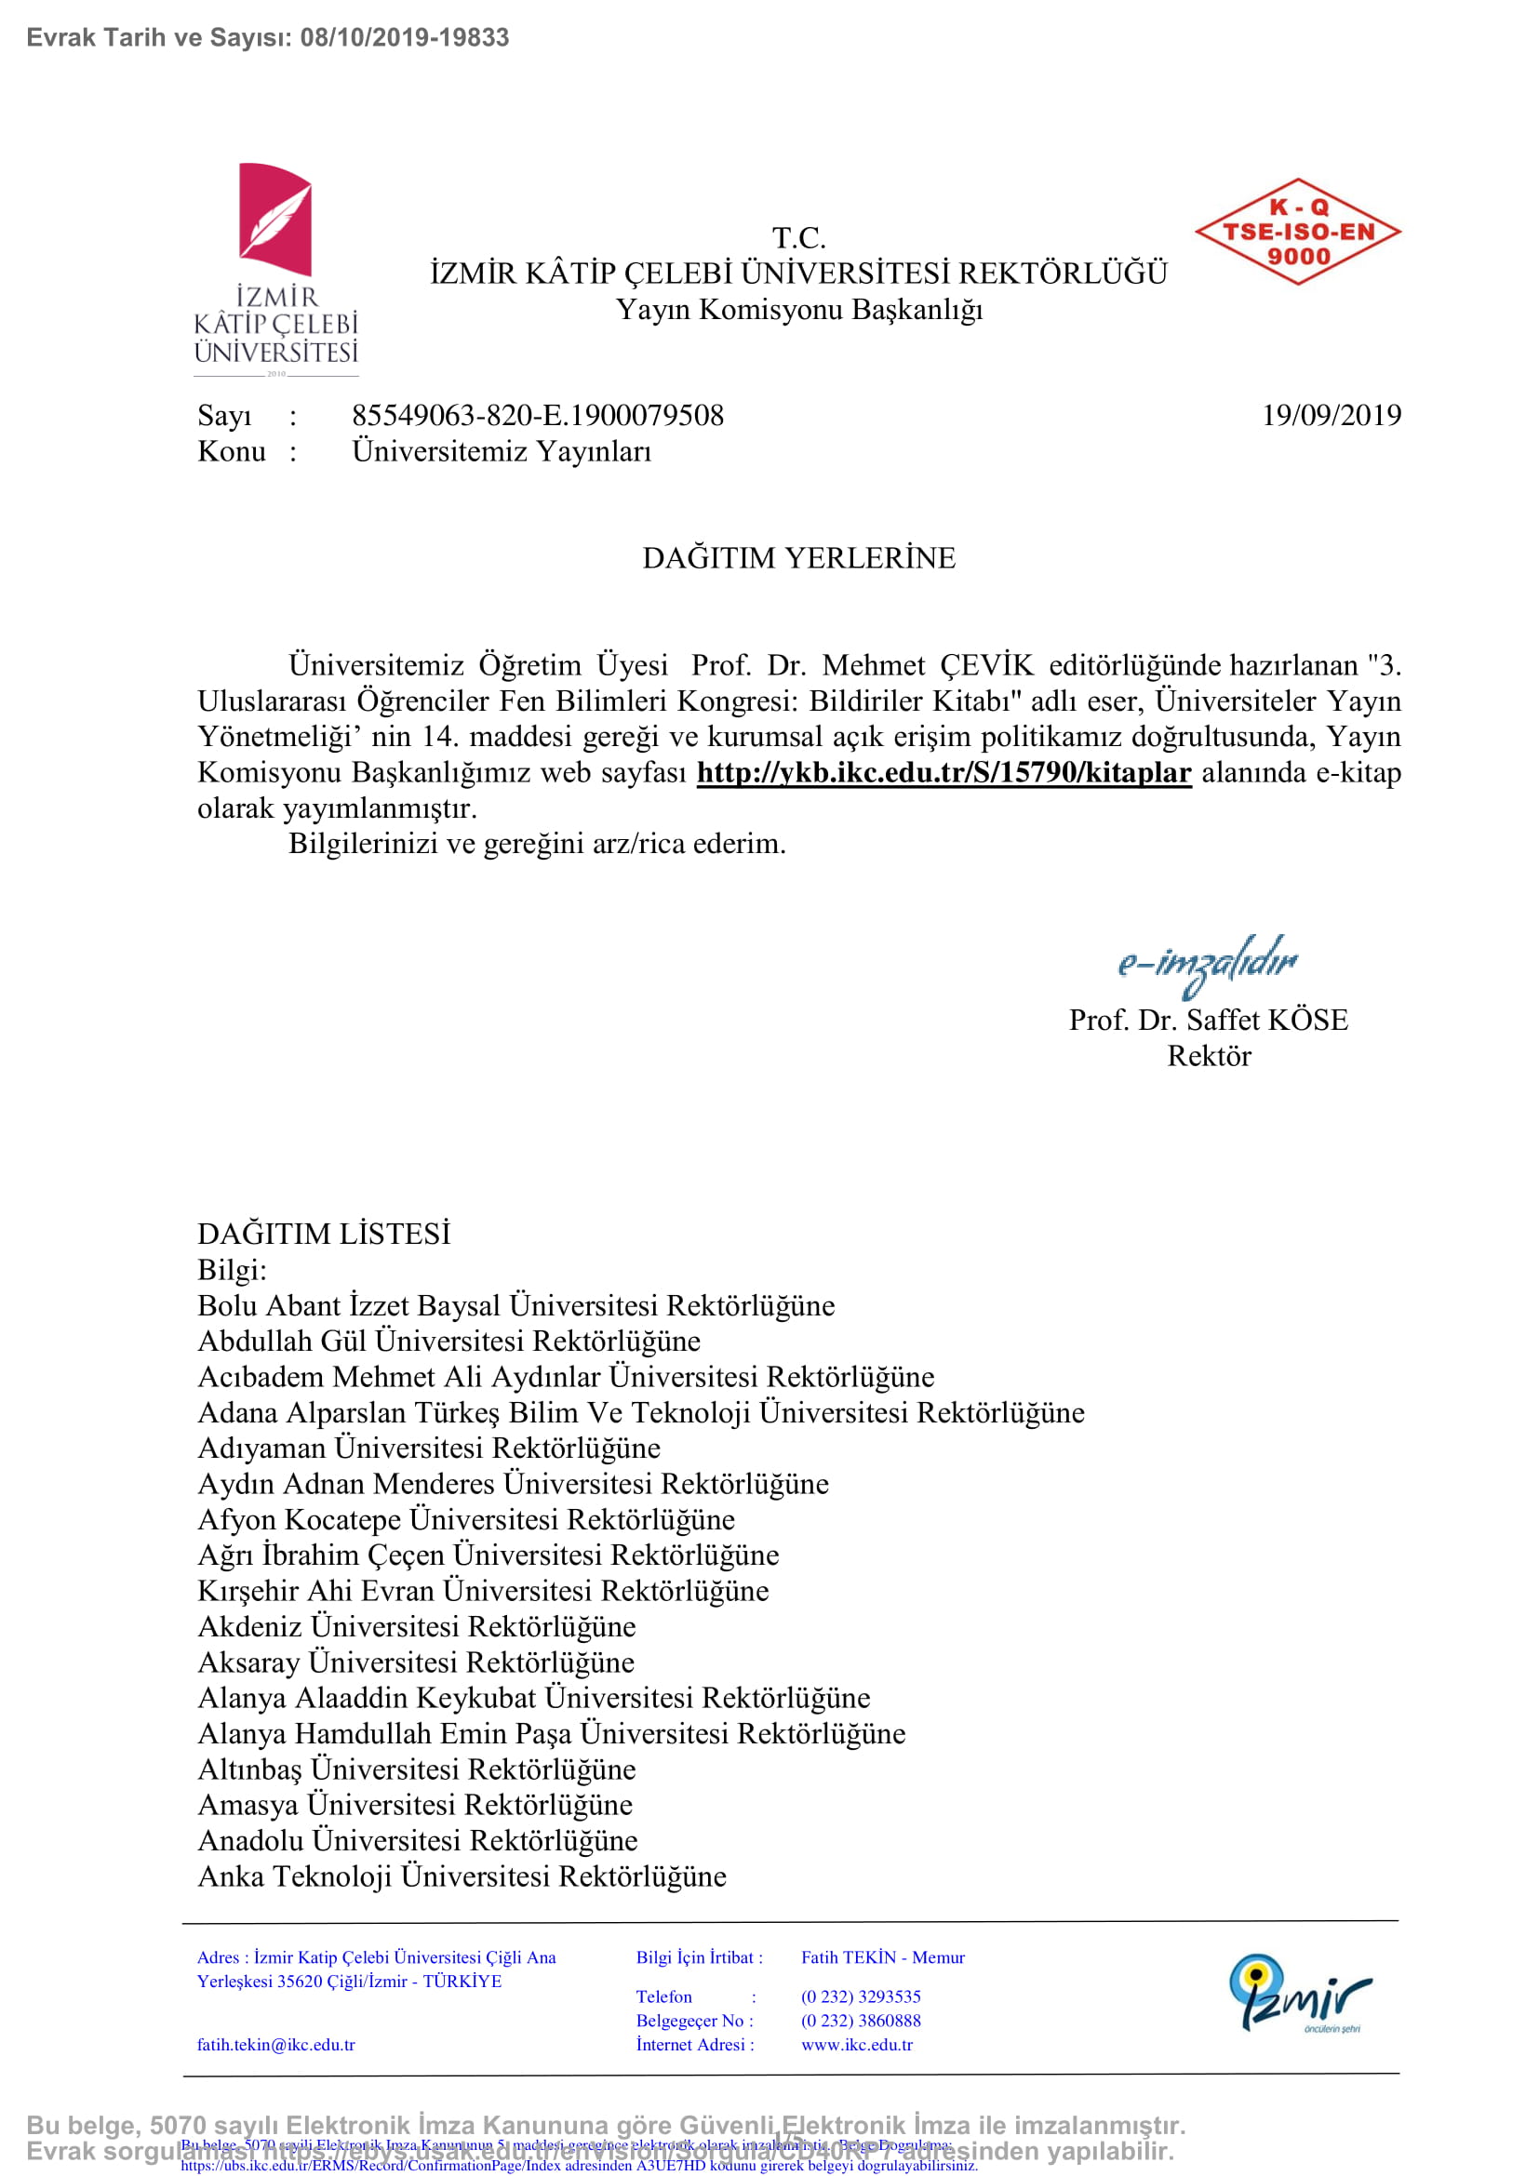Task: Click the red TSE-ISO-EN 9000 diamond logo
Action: point(1297,232)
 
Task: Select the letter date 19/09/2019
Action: point(1331,415)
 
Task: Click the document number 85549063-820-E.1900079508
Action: point(537,415)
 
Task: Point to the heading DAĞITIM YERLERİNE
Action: point(799,557)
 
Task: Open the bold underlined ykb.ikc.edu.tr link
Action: point(943,772)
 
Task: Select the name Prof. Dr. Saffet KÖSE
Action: point(1209,1020)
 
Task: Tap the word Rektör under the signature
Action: point(1209,1056)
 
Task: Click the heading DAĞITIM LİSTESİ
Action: point(324,1234)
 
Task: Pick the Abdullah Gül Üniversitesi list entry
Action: point(449,1342)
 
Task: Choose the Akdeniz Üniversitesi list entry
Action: point(417,1626)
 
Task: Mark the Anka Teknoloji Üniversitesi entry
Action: point(462,1876)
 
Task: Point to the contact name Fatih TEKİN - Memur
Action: point(882,1958)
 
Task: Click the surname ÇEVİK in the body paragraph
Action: point(986,665)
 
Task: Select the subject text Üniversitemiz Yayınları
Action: point(502,451)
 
